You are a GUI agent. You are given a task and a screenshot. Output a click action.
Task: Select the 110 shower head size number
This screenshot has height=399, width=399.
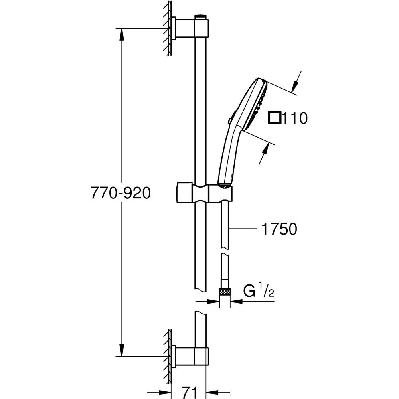tap(295, 118)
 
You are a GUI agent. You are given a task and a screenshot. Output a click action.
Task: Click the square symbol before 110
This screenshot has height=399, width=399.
tap(275, 118)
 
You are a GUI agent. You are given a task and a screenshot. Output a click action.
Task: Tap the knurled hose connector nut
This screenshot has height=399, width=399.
tap(225, 292)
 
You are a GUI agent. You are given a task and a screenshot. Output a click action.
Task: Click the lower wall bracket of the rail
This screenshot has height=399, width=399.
tap(188, 356)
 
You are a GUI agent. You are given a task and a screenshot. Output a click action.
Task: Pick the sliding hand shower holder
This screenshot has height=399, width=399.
tap(203, 193)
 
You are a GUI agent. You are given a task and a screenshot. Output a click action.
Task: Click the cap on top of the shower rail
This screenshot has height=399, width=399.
tap(200, 17)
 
